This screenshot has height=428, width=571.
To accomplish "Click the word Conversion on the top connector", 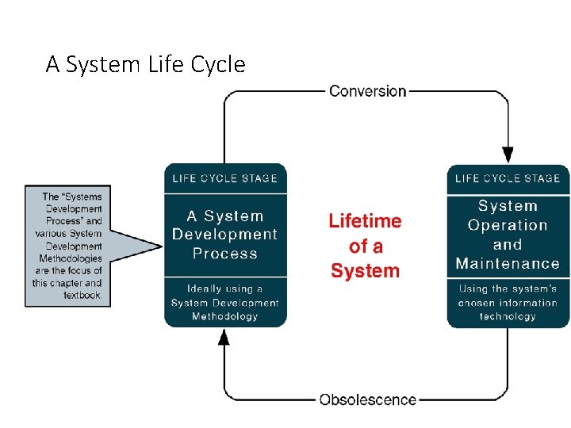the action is (367, 91).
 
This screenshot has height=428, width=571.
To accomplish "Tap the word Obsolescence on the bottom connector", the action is (368, 399).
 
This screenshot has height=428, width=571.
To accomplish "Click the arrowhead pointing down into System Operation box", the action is (508, 155).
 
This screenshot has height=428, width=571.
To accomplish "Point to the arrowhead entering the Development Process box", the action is (224, 337).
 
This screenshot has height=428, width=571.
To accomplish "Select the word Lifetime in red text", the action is (365, 221).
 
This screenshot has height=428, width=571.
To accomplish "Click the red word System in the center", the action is (366, 271).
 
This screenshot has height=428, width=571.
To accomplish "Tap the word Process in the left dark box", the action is (225, 254).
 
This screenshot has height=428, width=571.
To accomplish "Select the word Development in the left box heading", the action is (225, 235).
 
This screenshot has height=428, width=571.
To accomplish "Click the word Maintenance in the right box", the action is (508, 263).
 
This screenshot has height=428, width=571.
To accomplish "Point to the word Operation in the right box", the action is (508, 225).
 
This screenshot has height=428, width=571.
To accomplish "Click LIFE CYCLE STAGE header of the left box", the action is (224, 178).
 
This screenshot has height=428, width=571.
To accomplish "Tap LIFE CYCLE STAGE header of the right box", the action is (508, 178).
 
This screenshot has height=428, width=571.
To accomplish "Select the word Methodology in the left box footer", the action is (225, 316).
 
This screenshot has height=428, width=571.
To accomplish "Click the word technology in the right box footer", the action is (508, 316).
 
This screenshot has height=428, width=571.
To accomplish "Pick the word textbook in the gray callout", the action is (82, 295).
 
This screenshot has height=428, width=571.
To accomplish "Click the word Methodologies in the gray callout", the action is (71, 258).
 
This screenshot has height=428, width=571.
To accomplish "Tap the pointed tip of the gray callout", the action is (162, 246).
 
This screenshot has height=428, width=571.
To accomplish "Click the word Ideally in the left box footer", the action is (205, 289).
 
